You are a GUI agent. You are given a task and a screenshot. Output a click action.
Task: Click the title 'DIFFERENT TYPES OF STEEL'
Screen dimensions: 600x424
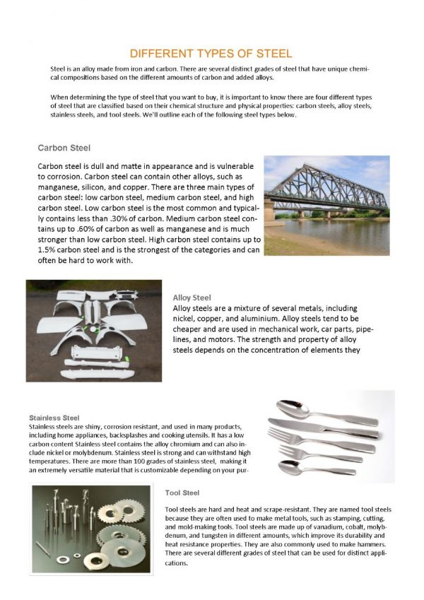pos(211,54)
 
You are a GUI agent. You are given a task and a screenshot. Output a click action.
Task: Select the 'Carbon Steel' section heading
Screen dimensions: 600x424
pos(63,148)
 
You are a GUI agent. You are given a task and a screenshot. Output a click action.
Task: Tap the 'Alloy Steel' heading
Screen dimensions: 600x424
pos(192,298)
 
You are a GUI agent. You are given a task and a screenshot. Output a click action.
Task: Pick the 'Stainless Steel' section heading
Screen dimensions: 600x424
pos(54,418)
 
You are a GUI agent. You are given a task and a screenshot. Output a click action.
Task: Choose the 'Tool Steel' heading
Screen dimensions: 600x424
pos(182,492)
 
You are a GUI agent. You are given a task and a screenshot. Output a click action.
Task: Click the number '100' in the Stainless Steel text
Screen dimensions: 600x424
pos(106,461)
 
